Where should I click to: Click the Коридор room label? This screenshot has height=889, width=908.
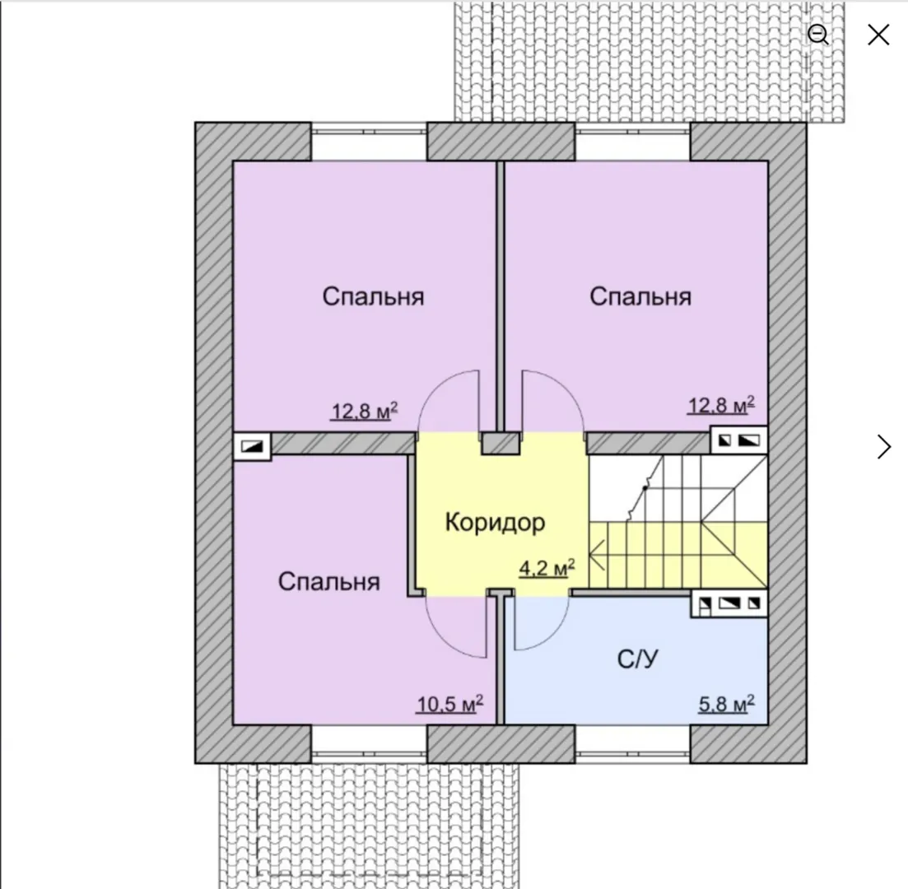(495, 523)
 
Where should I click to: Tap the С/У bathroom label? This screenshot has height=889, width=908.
(637, 659)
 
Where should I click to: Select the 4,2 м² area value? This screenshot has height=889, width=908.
(547, 568)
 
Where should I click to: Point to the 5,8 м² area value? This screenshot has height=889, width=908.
(726, 704)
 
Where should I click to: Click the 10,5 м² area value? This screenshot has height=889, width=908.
(450, 705)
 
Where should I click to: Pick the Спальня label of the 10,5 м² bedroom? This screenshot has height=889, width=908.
(329, 581)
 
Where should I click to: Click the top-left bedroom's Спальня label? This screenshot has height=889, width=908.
(374, 296)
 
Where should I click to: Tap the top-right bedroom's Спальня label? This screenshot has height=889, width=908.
(640, 296)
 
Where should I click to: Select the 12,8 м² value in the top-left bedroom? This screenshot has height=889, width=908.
(364, 411)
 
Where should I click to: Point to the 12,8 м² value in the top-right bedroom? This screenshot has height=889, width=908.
(721, 405)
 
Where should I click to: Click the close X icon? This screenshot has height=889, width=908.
(878, 35)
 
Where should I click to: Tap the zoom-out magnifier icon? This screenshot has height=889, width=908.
(818, 35)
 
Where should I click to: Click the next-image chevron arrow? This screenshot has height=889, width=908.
(884, 446)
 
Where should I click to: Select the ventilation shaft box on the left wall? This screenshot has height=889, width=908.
(252, 446)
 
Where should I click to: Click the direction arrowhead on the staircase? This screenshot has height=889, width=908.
(597, 555)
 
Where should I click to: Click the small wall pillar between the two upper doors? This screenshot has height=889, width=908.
(501, 443)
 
